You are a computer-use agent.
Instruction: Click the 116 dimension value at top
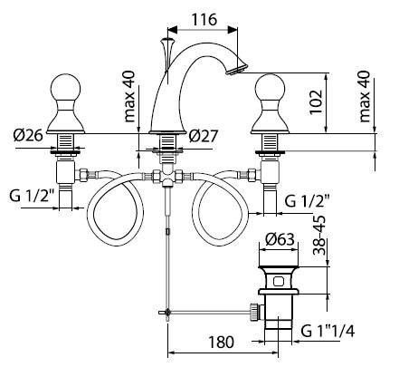204,20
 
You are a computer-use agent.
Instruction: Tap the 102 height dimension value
316,101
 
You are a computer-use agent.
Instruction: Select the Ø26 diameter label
28,135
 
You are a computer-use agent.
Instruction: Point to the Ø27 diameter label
203,136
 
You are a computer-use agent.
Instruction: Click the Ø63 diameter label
280,239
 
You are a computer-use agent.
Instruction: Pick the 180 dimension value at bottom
221,342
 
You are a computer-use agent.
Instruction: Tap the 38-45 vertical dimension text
319,236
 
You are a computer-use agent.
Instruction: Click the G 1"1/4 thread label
328,332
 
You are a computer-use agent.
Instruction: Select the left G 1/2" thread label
32,197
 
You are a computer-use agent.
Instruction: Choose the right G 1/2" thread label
307,201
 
